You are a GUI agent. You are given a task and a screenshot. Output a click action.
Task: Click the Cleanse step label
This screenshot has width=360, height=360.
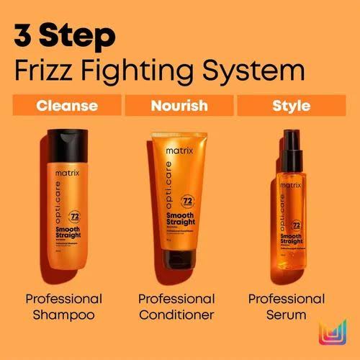pos(67,106)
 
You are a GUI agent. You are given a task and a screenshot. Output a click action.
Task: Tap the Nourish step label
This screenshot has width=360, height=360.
pos(179,106)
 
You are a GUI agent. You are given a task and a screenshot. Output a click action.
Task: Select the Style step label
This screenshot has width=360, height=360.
pos(291,106)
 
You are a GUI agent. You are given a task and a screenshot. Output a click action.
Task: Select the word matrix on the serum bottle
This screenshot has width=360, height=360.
pos(291,185)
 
